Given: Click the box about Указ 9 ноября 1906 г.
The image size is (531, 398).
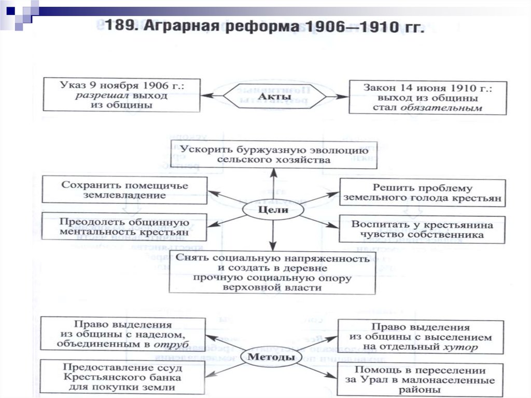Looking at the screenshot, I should point(121,94).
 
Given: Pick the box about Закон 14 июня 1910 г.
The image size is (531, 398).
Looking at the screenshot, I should point(427,97).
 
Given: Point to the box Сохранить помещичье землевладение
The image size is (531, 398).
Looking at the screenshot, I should point(124,190).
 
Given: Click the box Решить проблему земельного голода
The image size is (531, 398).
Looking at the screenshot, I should point(422,193).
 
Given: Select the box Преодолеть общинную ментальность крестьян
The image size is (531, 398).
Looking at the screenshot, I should point(124,226).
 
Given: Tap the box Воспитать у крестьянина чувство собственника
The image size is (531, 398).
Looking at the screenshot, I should point(422,229).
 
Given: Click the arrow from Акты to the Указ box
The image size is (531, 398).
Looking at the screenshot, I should point(212,96).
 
